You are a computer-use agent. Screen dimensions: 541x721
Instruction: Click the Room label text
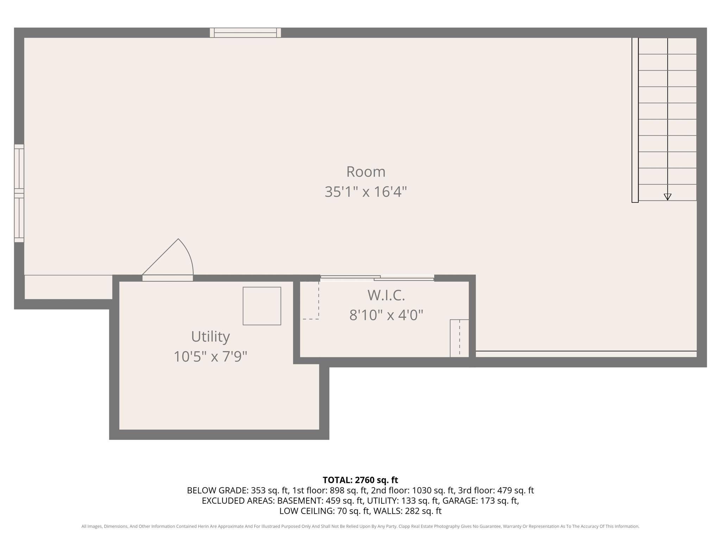tap(366, 172)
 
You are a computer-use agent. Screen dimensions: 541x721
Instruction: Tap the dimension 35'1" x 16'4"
tap(366, 192)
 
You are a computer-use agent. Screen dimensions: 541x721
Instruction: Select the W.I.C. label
tap(386, 295)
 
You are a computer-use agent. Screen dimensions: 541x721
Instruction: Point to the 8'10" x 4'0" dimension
tap(386, 315)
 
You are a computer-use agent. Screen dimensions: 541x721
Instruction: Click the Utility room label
tap(211, 337)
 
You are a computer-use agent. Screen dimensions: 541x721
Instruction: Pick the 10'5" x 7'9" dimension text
tap(211, 357)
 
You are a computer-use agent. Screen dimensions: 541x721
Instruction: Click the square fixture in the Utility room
tap(262, 306)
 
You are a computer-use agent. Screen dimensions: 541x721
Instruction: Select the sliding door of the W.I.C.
tap(377, 278)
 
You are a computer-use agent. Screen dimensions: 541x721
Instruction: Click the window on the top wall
tap(245, 33)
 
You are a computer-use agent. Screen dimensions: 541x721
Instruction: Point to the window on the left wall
tap(19, 193)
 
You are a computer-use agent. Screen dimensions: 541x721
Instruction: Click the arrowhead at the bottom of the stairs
tap(667, 197)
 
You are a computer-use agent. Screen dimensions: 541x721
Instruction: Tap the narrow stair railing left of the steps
tap(635, 120)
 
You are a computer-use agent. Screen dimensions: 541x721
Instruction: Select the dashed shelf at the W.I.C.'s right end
tap(459, 338)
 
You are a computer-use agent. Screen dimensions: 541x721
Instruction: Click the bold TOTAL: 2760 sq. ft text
tap(360, 480)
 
